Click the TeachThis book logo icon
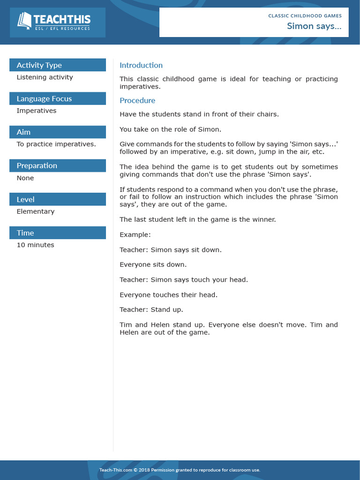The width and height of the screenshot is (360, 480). pos(24,21)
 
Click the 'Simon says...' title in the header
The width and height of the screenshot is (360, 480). pos(314,26)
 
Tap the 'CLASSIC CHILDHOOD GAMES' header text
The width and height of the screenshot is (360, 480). pos(305,15)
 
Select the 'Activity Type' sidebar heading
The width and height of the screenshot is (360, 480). pos(39,65)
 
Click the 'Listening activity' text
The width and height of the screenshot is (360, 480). pos(45,77)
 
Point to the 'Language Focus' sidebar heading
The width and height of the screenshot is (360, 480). pos(44,98)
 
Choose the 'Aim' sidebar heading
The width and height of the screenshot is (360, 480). pos(23,132)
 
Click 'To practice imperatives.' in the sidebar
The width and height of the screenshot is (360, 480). pos(56,144)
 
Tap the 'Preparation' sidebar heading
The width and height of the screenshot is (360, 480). pos(37,165)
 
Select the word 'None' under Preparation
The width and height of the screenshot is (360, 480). pos(25,178)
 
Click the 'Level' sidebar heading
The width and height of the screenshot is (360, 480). pos(25,199)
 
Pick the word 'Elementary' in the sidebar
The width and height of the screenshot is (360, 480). pos(36,211)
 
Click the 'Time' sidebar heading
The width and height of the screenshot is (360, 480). pos(25,233)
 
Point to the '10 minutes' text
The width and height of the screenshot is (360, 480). pos(36,245)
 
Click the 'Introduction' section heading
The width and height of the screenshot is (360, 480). pos(141,65)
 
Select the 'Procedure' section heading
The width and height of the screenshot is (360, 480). pos(137,100)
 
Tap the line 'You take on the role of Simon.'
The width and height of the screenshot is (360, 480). pos(170,129)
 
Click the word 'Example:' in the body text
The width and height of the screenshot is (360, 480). pos(135,234)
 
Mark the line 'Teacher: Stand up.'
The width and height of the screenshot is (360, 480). pos(151,310)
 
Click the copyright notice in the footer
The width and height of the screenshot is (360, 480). pos(180,470)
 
